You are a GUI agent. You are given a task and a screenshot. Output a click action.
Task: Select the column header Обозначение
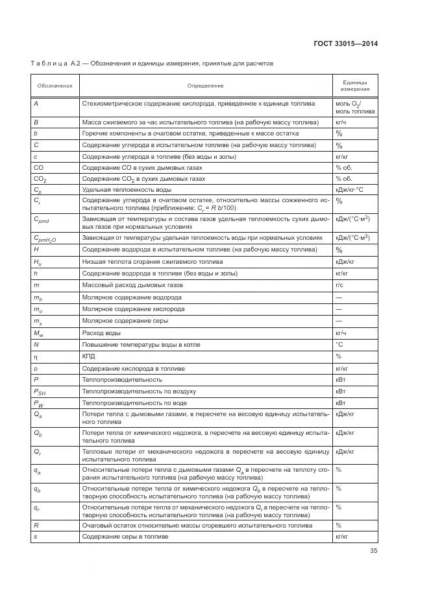coord(55,86)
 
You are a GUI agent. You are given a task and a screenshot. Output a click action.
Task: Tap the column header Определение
coord(206,86)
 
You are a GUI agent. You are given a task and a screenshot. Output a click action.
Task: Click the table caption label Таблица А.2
coord(57,64)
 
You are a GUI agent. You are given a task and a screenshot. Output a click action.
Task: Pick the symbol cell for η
coord(36,356)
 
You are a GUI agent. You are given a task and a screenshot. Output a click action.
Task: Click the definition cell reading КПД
coord(88,356)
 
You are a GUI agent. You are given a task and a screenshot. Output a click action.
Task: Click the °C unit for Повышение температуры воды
coord(339,344)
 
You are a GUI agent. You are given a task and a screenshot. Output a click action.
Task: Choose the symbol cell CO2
coord(40,178)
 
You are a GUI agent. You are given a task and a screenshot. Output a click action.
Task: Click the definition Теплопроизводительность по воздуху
coord(138,391)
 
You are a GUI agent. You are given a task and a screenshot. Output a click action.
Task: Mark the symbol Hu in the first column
coord(38,262)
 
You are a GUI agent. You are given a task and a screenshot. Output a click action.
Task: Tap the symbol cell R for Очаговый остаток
coord(36,525)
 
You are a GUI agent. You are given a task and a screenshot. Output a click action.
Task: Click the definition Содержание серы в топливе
coord(125,537)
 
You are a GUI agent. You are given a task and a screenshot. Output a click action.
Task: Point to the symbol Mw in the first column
coord(38,333)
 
